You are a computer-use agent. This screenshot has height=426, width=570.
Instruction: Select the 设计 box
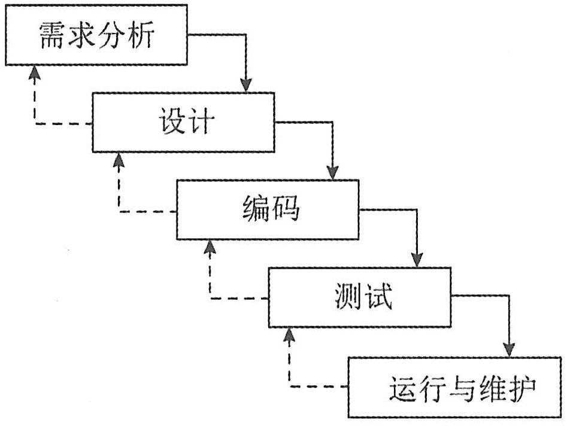[x=183, y=123]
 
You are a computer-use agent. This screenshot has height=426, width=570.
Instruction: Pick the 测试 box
[x=359, y=297]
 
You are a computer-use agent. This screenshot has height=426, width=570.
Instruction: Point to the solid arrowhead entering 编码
[x=333, y=172]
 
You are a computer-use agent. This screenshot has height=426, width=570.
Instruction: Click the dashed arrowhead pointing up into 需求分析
[x=34, y=72]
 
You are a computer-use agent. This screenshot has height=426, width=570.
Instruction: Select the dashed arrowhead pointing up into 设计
[x=119, y=159]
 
